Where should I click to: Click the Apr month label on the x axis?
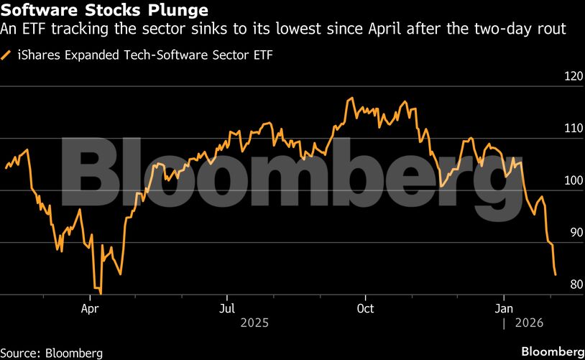[x=90, y=308]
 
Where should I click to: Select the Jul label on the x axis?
[x=227, y=308]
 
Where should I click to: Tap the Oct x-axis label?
[x=365, y=308]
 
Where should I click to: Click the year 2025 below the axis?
[x=256, y=323]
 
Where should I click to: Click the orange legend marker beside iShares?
[x=7, y=54]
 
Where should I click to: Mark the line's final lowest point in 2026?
[x=556, y=274]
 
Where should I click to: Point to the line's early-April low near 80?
[x=101, y=293]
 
